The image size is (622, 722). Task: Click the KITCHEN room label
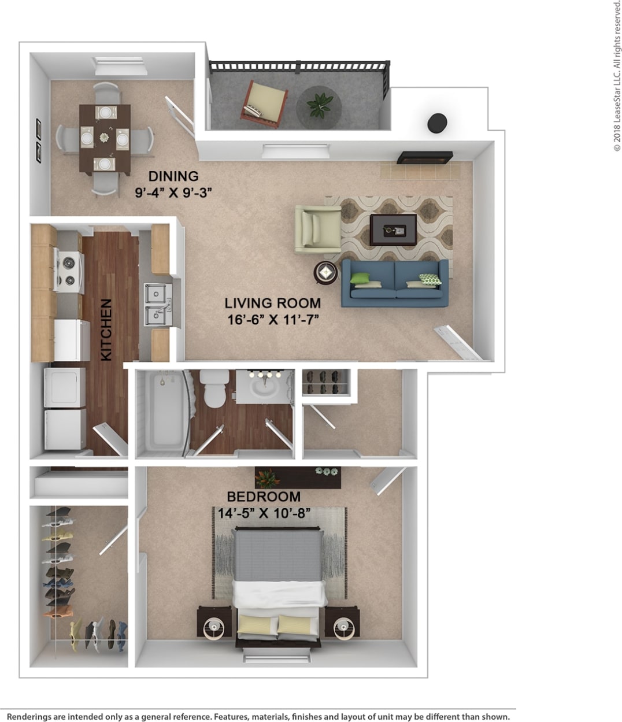[106, 329]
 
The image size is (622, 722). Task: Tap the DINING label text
[173, 176]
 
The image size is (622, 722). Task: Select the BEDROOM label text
[264, 497]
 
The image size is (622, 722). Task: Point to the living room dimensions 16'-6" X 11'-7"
[273, 320]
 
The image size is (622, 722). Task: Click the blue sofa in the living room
[394, 284]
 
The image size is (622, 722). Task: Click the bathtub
[161, 410]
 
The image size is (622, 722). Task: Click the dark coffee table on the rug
[393, 229]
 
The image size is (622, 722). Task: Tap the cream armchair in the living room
[317, 229]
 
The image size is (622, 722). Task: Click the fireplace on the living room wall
[425, 157]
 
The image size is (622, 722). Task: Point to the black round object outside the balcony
[437, 123]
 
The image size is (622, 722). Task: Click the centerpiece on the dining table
[104, 138]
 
